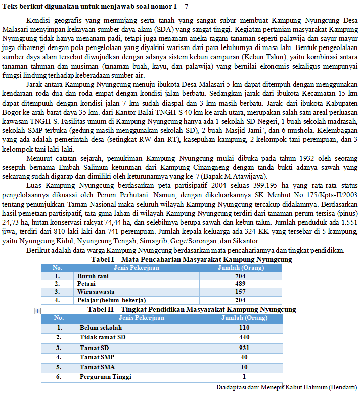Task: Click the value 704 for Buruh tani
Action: click(x=240, y=276)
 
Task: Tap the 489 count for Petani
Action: click(x=240, y=284)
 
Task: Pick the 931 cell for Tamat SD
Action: click(x=244, y=348)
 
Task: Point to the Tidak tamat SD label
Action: click(x=101, y=337)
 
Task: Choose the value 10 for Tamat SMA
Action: click(x=244, y=367)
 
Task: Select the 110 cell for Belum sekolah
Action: click(x=244, y=328)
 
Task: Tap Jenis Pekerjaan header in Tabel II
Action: click(x=142, y=318)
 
